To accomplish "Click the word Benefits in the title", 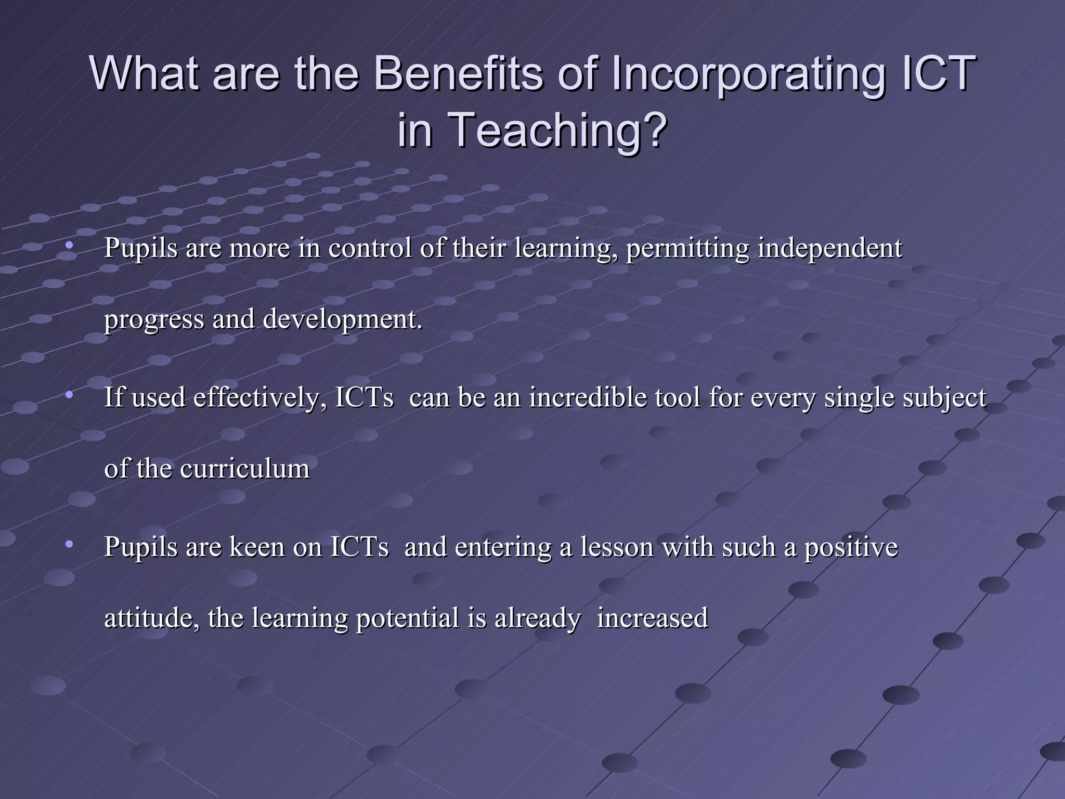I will tap(458, 73).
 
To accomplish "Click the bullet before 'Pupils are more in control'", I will tap(69, 246).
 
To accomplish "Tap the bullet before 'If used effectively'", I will tap(69, 395).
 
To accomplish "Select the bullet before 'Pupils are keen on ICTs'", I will tap(69, 545).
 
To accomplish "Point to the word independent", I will tap(829, 248).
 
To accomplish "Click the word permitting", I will tap(687, 248).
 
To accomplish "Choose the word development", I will tap(342, 319).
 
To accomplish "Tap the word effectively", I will tap(260, 398).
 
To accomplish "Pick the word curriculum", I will tap(245, 469).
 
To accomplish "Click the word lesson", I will tap(617, 547).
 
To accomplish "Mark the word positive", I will tap(851, 547).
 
